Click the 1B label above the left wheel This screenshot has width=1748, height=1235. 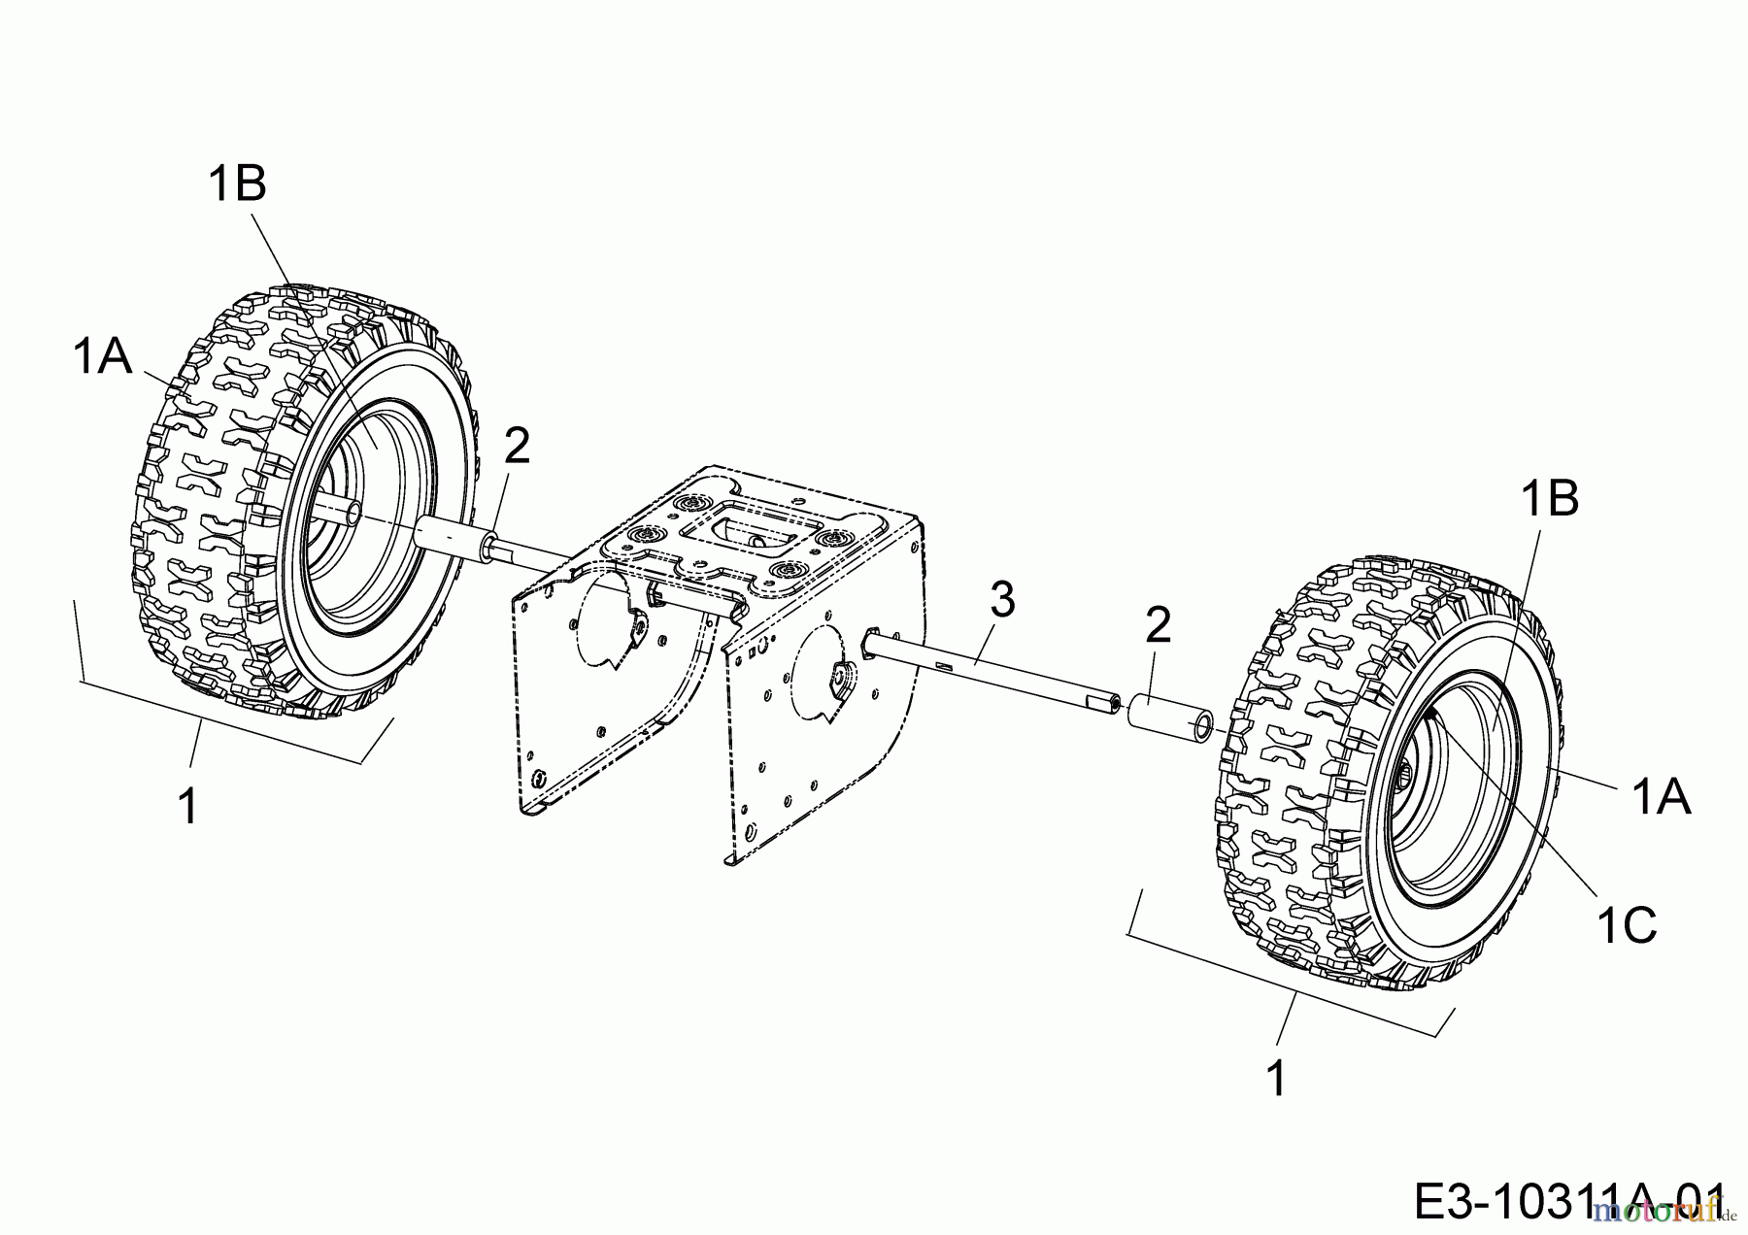click(x=237, y=184)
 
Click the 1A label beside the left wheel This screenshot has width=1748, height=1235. click(x=101, y=357)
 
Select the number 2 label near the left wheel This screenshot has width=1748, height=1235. click(x=517, y=446)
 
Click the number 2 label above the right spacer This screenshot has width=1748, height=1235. click(x=1158, y=625)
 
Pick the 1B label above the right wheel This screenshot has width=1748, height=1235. click(x=1549, y=499)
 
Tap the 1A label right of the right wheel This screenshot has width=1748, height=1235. click(x=1661, y=798)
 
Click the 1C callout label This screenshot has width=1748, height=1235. click(x=1626, y=927)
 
